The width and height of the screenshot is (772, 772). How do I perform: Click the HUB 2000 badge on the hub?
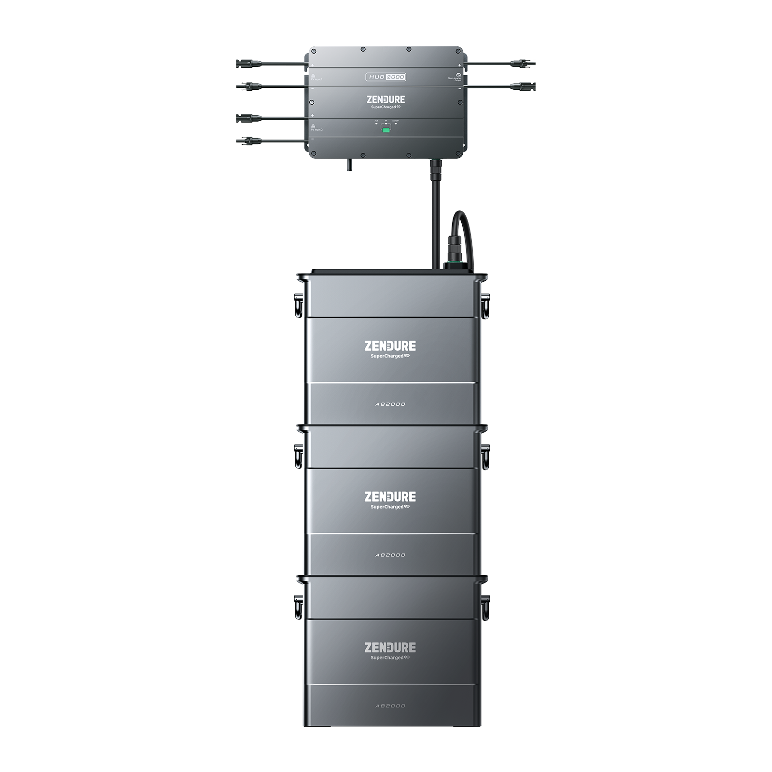pyautogui.click(x=385, y=77)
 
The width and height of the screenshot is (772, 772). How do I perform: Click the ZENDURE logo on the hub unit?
pyautogui.click(x=386, y=100)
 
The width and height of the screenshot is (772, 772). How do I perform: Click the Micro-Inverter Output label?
pyautogui.click(x=455, y=78)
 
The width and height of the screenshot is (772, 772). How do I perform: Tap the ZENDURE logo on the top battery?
pyautogui.click(x=390, y=346)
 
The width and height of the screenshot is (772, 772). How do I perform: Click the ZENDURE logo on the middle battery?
pyautogui.click(x=390, y=496)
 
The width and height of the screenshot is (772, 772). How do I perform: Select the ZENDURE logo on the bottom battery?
pyautogui.click(x=390, y=648)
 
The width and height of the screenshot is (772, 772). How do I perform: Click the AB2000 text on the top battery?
pyautogui.click(x=390, y=404)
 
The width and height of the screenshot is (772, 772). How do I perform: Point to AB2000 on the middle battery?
pyautogui.click(x=390, y=555)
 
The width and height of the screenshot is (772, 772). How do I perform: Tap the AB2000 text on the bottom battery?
pyautogui.click(x=390, y=706)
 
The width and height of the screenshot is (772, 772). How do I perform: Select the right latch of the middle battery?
pyautogui.click(x=485, y=456)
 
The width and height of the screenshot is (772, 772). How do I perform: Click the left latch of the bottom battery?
pyautogui.click(x=299, y=607)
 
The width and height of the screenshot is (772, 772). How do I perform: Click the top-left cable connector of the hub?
pyautogui.click(x=248, y=64)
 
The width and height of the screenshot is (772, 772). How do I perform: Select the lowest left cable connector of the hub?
pyautogui.click(x=248, y=141)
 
